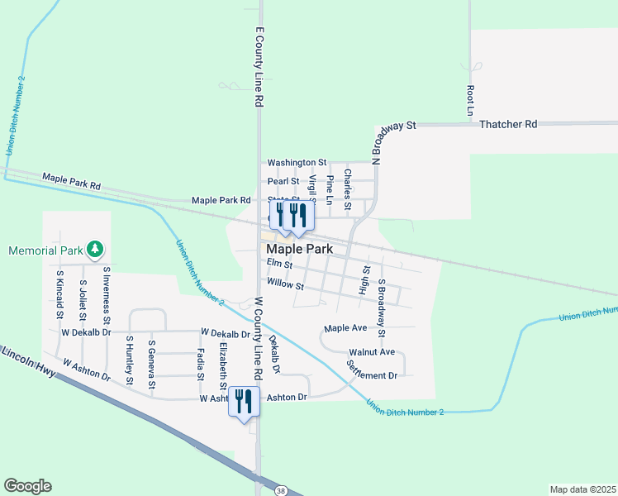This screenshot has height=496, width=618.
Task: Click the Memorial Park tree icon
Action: (x=96, y=249)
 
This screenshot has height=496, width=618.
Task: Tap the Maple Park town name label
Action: (x=299, y=249)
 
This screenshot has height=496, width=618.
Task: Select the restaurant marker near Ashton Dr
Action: (x=243, y=403)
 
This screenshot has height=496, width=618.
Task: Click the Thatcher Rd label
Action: (x=508, y=124)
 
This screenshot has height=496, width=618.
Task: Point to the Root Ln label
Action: (x=470, y=99)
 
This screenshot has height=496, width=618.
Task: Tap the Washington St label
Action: (x=297, y=164)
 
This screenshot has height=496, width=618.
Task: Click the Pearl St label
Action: (x=283, y=181)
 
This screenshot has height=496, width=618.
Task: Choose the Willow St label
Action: (x=286, y=287)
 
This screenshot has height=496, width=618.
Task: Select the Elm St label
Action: (x=279, y=265)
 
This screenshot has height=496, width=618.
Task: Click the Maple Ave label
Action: (x=345, y=328)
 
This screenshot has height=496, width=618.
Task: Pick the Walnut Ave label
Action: (x=372, y=352)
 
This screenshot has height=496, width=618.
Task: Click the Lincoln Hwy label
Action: (x=28, y=363)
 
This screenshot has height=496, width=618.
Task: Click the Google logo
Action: (x=27, y=486)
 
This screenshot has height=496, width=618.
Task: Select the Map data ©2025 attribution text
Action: (x=582, y=489)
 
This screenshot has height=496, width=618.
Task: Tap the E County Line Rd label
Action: (x=259, y=66)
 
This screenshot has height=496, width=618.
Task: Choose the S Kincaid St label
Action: (x=59, y=293)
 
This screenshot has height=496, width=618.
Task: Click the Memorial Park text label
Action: (x=47, y=250)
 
